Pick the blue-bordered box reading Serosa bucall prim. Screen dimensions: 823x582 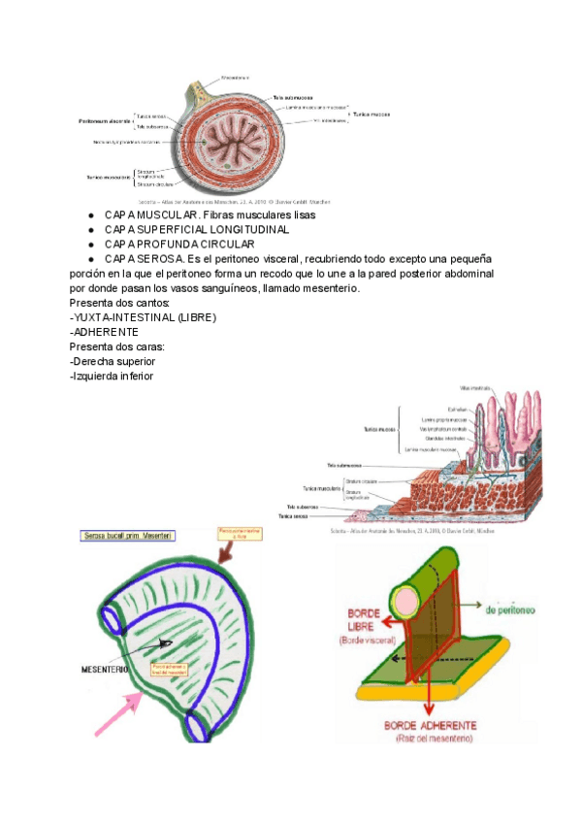127,535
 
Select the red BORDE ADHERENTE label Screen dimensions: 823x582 430,725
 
